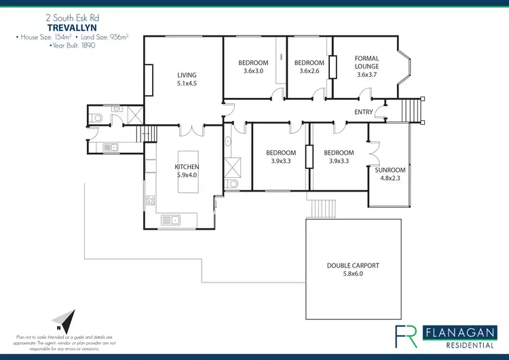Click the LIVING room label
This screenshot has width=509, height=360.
pos(187,75)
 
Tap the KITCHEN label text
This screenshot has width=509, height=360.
pos(187,166)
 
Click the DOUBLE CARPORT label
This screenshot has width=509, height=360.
pos(353,266)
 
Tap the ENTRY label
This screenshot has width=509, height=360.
pos(364,112)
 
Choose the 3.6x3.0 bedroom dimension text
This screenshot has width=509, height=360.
pos(252,71)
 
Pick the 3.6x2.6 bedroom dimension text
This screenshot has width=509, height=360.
pos(307,71)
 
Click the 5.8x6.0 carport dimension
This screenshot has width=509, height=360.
pos(353,274)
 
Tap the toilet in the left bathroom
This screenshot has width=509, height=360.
pos(97,118)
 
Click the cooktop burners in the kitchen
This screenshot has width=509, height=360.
pos(151,200)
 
